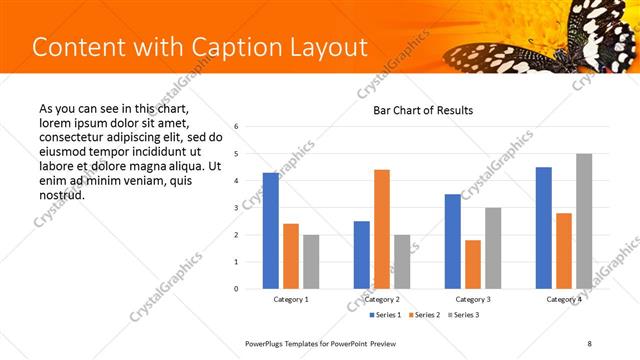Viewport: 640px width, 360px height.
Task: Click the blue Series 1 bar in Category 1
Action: [x=270, y=231]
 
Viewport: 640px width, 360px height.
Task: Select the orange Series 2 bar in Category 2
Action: [x=382, y=229]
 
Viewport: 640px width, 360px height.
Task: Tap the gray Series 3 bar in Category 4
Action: [x=584, y=221]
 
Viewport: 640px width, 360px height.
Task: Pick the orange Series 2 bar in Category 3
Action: [x=473, y=264]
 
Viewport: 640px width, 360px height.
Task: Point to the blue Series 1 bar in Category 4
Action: [x=544, y=228]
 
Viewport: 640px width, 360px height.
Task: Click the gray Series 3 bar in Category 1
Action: [x=311, y=262]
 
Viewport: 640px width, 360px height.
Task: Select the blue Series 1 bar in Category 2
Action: [x=361, y=255]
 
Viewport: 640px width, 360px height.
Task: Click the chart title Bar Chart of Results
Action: [x=423, y=110]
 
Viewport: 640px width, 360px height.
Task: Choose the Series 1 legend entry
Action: [x=386, y=316]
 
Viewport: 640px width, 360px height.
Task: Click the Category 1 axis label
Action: [x=291, y=300]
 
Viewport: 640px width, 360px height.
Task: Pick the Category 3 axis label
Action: [x=473, y=300]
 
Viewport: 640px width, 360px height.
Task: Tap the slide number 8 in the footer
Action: [x=590, y=343]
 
